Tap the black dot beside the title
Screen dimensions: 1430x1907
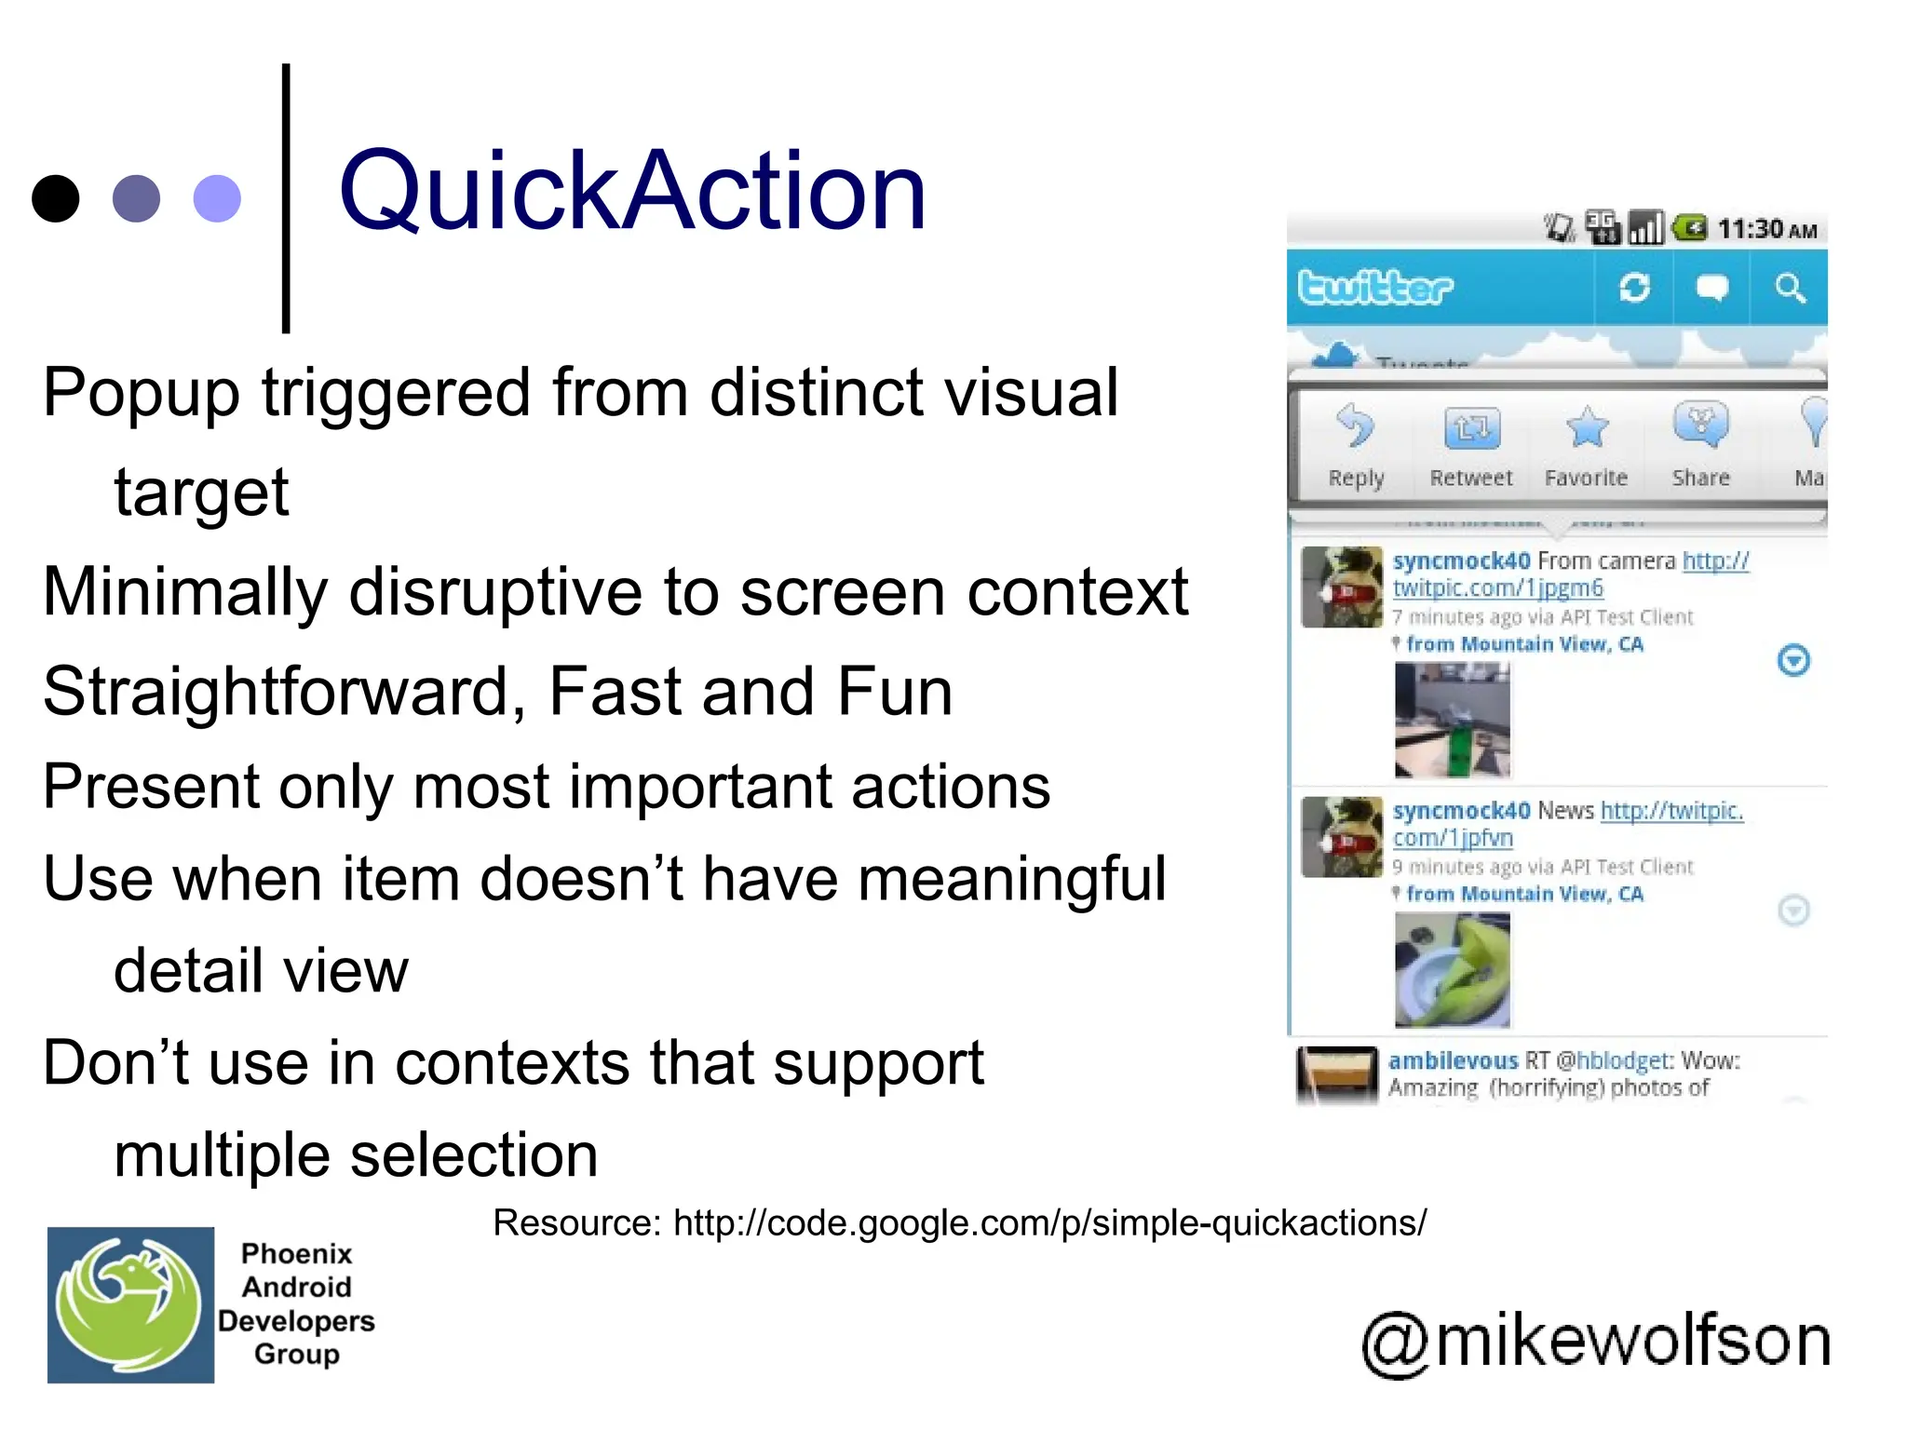tap(55, 198)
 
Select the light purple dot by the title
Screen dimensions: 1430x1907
tap(217, 198)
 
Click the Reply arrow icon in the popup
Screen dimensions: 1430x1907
tap(1355, 426)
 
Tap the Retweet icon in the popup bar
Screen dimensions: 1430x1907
tap(1471, 428)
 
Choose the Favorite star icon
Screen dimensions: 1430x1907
tap(1587, 427)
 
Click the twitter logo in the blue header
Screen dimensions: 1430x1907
tap(1374, 288)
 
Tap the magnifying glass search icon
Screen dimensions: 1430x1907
tap(1789, 288)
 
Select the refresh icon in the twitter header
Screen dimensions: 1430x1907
tap(1634, 288)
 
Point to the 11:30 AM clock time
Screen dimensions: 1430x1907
tap(1766, 229)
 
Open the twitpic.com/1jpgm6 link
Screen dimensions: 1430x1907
tap(1497, 588)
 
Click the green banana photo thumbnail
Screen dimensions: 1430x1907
tap(1452, 969)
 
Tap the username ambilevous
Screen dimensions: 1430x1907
tap(1453, 1060)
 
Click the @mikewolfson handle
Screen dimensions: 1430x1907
tap(1596, 1341)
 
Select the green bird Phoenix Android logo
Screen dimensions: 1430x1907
tap(130, 1304)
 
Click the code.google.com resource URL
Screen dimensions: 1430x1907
tap(1049, 1222)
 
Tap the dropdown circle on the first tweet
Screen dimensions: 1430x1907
tap(1792, 660)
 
